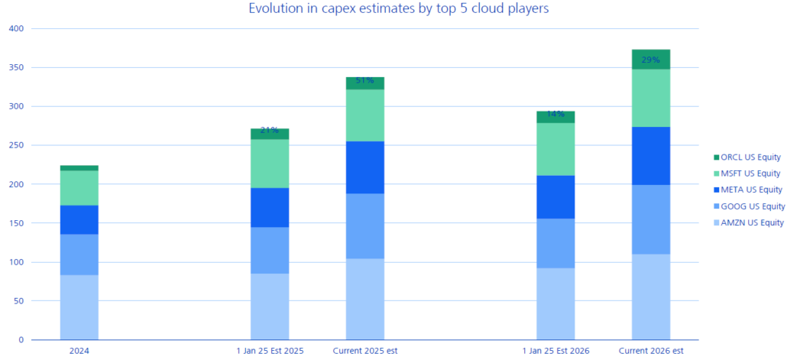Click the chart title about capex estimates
coord(399,9)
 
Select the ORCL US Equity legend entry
coord(750,157)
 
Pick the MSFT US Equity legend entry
coord(750,174)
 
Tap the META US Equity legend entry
coord(750,190)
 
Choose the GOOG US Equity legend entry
coord(750,206)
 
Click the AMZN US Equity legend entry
coord(750,222)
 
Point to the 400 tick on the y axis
coord(16,29)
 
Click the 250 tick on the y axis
coord(16,146)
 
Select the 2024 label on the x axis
coord(79,351)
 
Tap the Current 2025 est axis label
coord(365,351)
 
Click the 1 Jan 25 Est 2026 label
coord(555,351)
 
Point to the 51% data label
coord(365,80)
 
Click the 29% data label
coord(651,60)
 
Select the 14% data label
coord(555,115)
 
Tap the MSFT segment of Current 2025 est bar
coord(365,115)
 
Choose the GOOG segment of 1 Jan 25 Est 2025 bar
coord(270,250)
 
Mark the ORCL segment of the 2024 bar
coord(79,167)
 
